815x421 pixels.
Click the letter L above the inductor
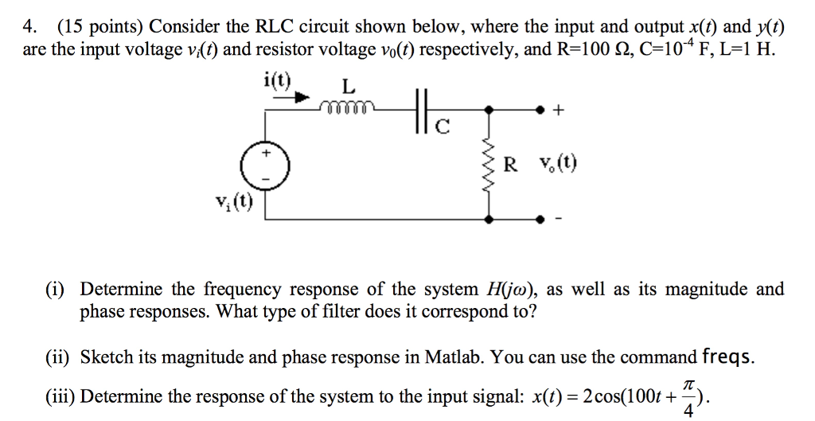click(348, 84)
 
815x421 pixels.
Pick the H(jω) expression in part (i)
click(511, 289)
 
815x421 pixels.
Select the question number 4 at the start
click(29, 27)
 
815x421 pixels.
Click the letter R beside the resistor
click(511, 165)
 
